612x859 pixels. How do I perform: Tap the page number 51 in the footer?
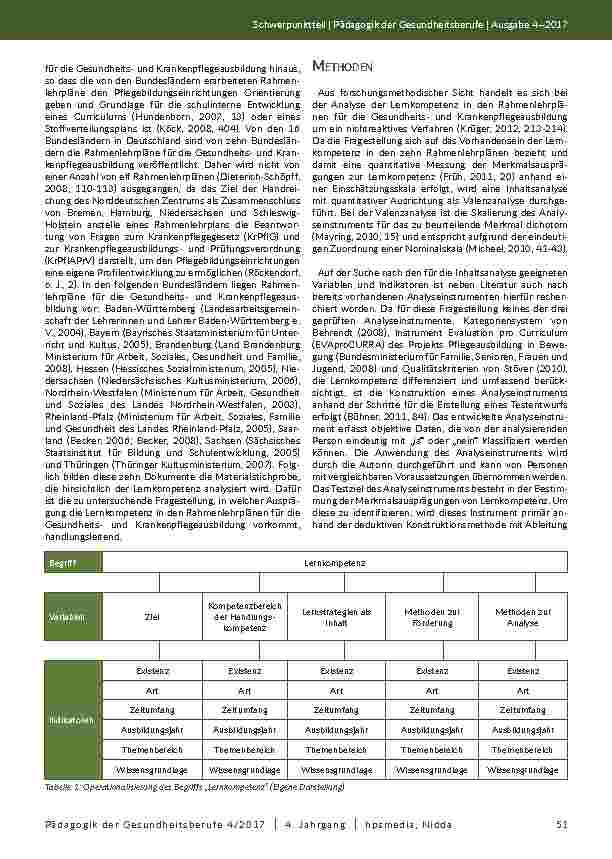tap(560, 823)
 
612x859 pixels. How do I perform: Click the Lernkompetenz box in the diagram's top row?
tap(335, 565)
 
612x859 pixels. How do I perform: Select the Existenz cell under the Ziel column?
tap(152, 673)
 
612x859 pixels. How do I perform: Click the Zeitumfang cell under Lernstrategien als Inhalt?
tap(336, 709)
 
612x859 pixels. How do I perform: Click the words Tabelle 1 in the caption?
tap(66, 789)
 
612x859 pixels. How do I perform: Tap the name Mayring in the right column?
tap(336, 231)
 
